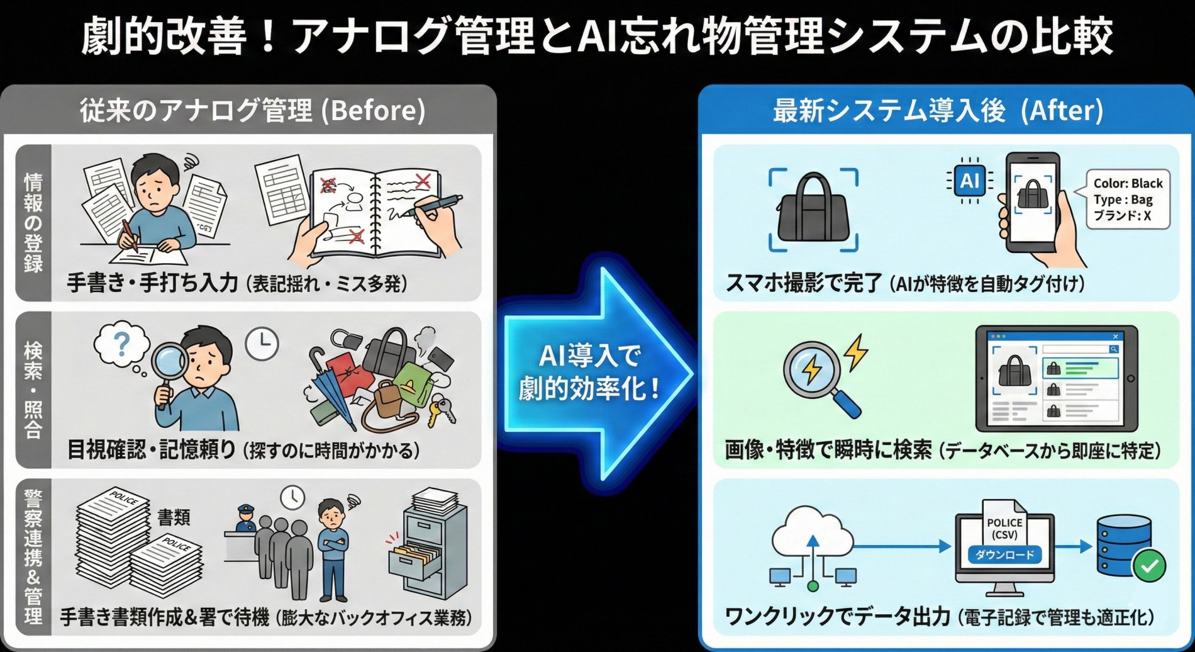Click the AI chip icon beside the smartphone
coord(969,181)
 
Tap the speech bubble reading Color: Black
coord(1128,199)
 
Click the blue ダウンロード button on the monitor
coord(1004,554)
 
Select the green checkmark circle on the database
coord(1149,566)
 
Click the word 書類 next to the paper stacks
coord(174,517)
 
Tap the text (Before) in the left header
coord(374,111)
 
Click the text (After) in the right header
coord(1062,111)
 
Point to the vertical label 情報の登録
coord(33,223)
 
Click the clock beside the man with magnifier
coord(262,343)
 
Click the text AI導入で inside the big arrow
coord(589,356)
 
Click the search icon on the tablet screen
coord(1113,349)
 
